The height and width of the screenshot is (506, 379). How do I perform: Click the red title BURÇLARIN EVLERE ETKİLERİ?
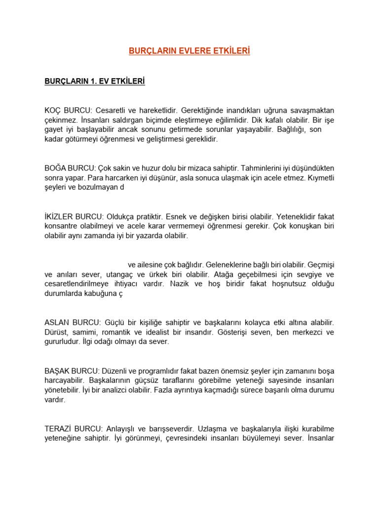click(x=189, y=51)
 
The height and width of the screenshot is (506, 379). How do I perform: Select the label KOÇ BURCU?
click(x=67, y=110)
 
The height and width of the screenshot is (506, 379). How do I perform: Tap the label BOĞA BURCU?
click(x=70, y=168)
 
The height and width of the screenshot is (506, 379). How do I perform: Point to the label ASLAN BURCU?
click(x=72, y=322)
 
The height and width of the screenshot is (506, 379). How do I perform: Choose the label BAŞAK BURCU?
click(x=73, y=371)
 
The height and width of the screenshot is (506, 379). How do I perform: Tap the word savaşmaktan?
click(x=311, y=110)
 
